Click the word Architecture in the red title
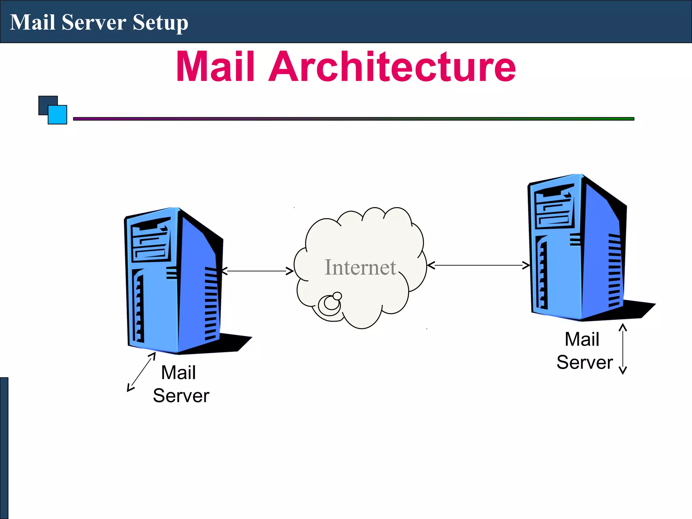pyautogui.click(x=392, y=67)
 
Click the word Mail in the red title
pyautogui.click(x=215, y=67)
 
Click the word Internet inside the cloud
pyautogui.click(x=360, y=268)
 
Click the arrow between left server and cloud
pyautogui.click(x=257, y=271)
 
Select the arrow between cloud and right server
pyautogui.click(x=478, y=266)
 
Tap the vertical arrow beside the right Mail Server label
pyautogui.click(x=622, y=349)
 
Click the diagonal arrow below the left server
pyautogui.click(x=141, y=372)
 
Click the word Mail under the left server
pyautogui.click(x=178, y=373)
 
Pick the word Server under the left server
pyautogui.click(x=181, y=396)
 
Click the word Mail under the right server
pyautogui.click(x=582, y=339)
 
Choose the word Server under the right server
pyautogui.click(x=585, y=363)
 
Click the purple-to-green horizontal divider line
pyautogui.click(x=353, y=119)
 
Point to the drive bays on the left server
pyautogui.click(x=151, y=241)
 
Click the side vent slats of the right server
pyautogui.click(x=614, y=270)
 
